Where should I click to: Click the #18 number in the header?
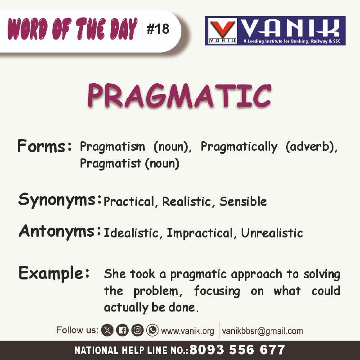coord(158,29)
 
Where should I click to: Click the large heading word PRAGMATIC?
coord(179,96)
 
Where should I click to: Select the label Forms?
coord(45,146)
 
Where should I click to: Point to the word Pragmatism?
coord(112,147)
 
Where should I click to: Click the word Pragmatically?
coord(239,147)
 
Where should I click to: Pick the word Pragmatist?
coord(110,163)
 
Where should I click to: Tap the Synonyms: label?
coord(60,200)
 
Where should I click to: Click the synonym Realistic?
coord(186,202)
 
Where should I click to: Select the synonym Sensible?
coord(243,202)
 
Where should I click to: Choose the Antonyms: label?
coord(60,232)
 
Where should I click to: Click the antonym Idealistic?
coord(131,233)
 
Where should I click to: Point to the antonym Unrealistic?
coord(272,233)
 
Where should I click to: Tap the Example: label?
coord(54,273)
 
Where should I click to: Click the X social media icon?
coord(108,330)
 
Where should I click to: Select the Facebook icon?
coord(122,330)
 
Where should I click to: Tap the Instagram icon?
coord(138,330)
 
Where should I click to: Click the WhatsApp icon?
coord(153,330)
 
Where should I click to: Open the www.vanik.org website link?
coord(187,331)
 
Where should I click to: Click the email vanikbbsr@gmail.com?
coord(262,331)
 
